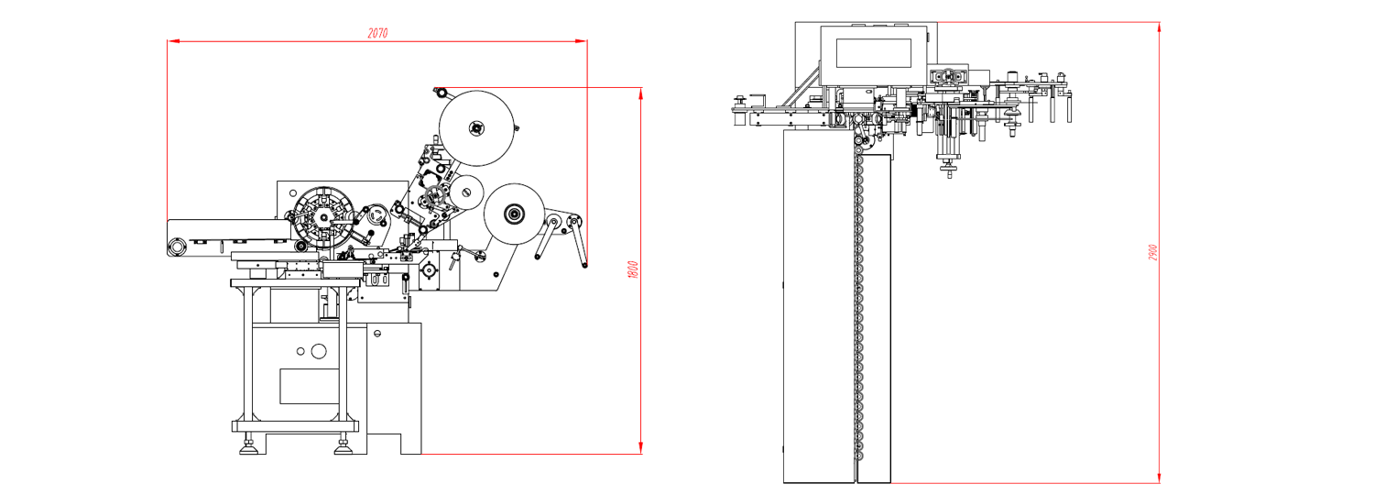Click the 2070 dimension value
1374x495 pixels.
(x=377, y=33)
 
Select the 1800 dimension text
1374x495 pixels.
(x=634, y=269)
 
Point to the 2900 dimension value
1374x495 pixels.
(x=1152, y=252)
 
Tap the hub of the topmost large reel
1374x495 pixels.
(x=476, y=128)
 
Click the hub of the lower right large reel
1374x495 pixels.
(x=514, y=214)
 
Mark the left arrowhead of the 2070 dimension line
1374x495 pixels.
(x=173, y=41)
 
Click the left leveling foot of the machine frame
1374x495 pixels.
(x=248, y=446)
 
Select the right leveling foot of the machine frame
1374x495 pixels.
(x=343, y=446)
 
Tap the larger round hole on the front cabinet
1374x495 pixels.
(x=319, y=351)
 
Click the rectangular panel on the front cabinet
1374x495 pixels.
(x=310, y=386)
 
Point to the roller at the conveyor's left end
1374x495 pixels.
(x=177, y=247)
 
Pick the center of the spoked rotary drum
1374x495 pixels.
(x=323, y=217)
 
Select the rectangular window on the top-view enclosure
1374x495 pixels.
(x=874, y=53)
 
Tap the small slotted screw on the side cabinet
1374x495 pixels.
(x=377, y=334)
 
